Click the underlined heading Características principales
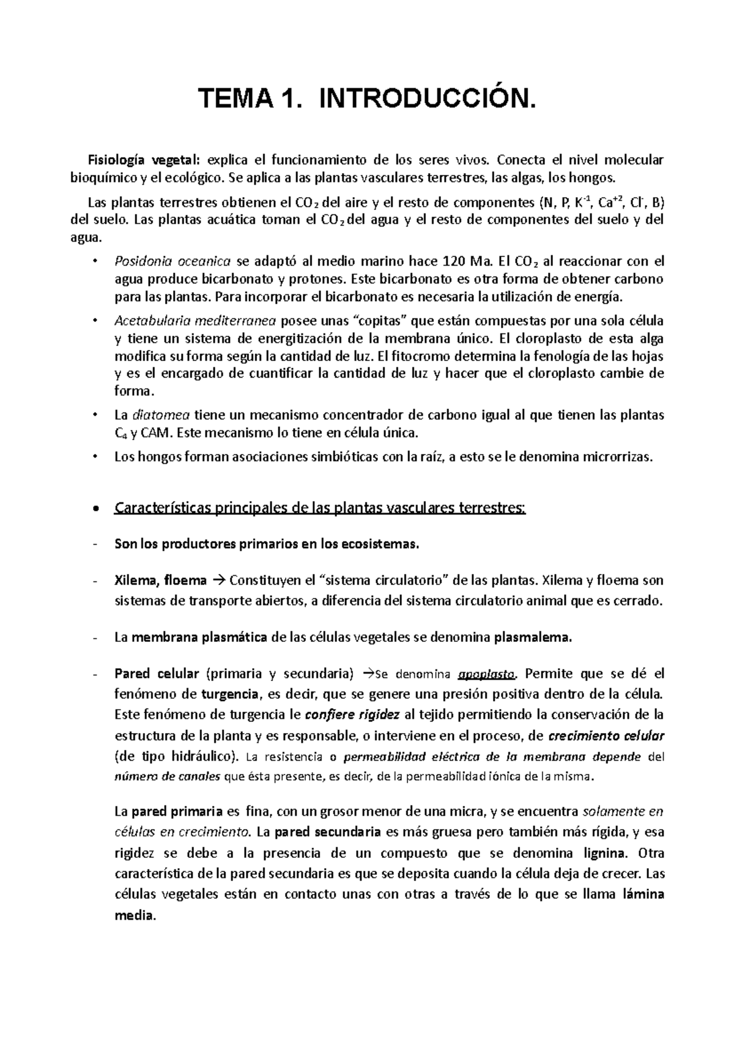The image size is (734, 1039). [x=319, y=508]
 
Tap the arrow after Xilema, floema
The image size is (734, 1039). [x=220, y=580]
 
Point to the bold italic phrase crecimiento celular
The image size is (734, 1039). [x=607, y=735]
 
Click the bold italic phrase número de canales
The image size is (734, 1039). [x=168, y=777]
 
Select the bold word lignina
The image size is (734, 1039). [x=604, y=853]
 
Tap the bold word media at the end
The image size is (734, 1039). [x=135, y=915]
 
